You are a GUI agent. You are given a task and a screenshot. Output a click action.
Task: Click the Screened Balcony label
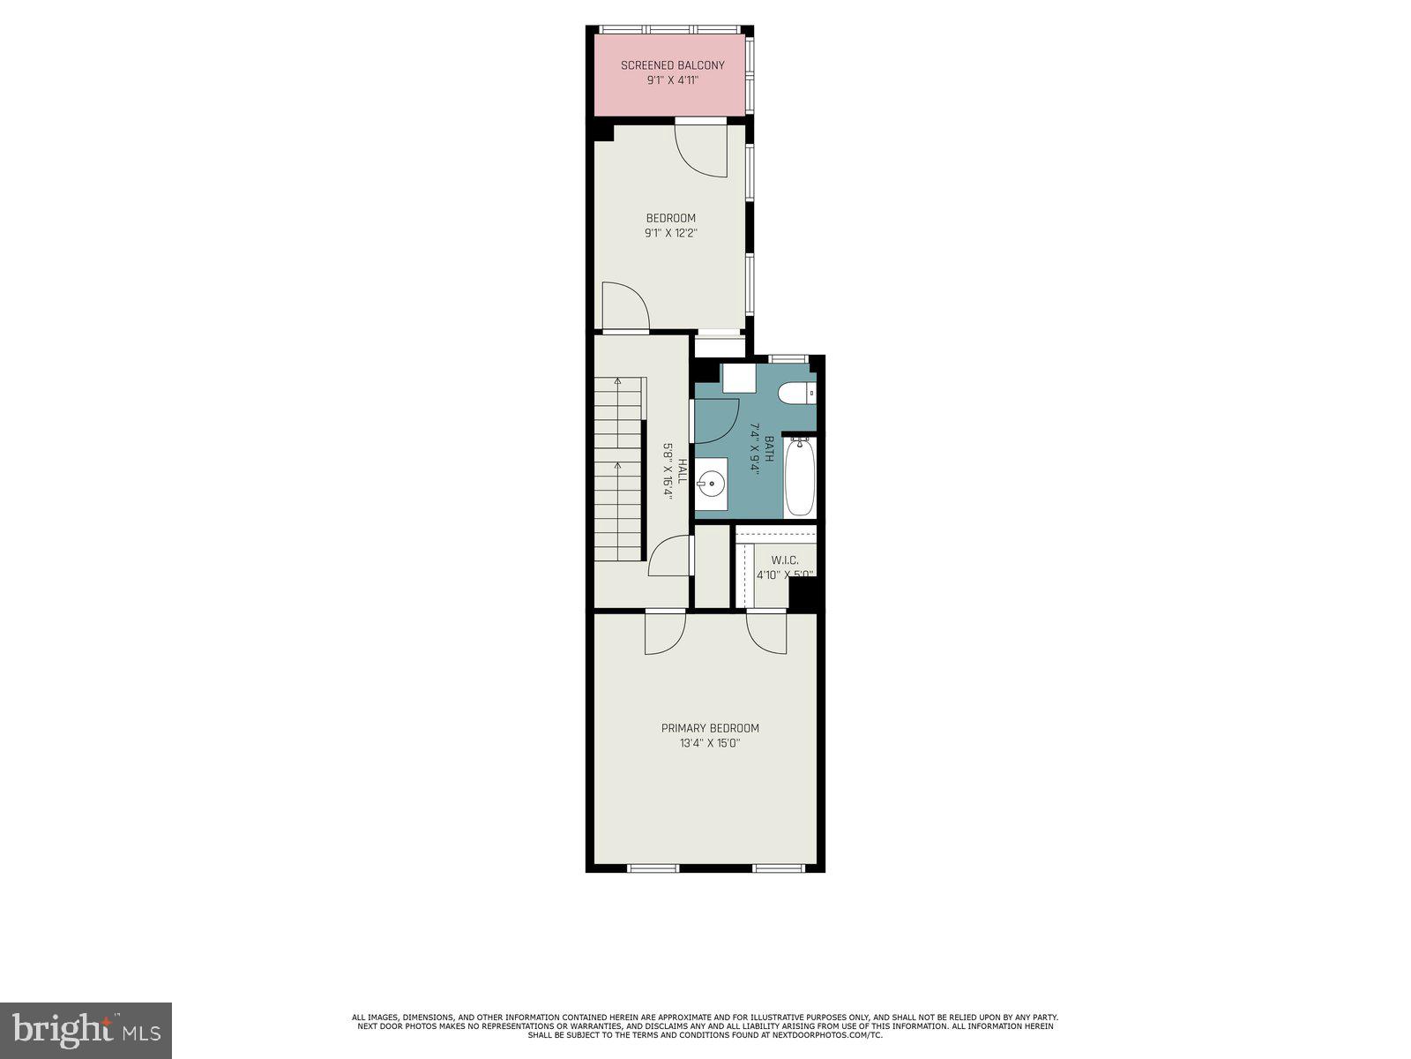click(x=672, y=65)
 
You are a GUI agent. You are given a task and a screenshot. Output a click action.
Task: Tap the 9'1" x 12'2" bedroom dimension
click(x=672, y=234)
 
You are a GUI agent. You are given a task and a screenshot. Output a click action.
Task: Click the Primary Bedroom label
click(x=710, y=728)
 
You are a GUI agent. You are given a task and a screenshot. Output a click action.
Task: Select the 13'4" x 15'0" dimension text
click(x=710, y=743)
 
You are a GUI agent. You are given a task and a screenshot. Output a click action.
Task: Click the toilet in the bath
click(x=797, y=393)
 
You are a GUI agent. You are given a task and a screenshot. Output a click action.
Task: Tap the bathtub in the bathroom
click(x=799, y=477)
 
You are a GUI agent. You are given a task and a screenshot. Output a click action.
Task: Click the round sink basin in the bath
click(x=711, y=484)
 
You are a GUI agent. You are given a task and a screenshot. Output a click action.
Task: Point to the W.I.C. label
click(x=784, y=560)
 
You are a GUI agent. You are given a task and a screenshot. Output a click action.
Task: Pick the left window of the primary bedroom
click(x=653, y=868)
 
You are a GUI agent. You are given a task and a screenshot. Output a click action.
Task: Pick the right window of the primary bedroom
click(x=779, y=868)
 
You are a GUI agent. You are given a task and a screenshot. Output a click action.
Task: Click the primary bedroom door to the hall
click(x=665, y=632)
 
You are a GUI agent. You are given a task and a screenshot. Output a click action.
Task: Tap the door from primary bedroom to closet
click(x=767, y=632)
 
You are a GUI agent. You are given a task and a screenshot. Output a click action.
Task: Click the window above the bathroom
click(x=788, y=358)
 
